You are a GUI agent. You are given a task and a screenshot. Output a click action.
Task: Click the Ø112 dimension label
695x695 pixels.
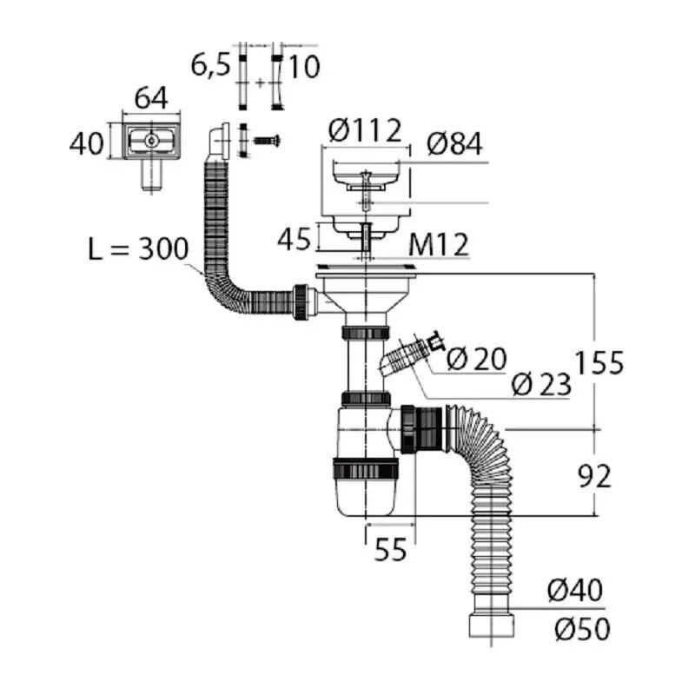point(365,130)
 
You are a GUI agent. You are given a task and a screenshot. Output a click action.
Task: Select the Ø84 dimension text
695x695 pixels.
point(454,144)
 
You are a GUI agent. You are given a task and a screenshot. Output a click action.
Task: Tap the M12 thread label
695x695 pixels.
point(439,245)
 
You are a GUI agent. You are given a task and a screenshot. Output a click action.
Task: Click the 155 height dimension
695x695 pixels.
point(599,361)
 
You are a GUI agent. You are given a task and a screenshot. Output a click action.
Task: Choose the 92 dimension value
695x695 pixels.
point(594,476)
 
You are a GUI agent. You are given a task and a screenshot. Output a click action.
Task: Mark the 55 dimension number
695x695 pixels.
point(390,550)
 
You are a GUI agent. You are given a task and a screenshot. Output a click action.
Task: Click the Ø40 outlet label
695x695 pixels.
point(575,590)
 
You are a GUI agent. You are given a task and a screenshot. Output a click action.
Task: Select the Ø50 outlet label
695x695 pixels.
point(582,629)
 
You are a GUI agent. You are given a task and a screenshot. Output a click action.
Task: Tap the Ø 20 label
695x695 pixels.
point(476,359)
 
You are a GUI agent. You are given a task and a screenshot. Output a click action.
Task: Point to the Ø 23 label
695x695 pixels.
point(541,384)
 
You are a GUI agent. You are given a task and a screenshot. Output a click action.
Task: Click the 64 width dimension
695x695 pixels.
point(151,97)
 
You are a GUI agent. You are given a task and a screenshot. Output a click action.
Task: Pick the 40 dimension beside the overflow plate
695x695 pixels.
point(86,143)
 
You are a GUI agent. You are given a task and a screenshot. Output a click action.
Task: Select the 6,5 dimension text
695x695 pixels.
point(210,66)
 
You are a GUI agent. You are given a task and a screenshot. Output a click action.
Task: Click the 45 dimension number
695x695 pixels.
point(294,240)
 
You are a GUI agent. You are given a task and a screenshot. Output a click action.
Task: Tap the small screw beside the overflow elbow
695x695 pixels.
point(267,141)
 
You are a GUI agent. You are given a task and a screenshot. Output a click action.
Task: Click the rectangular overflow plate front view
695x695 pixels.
point(151,141)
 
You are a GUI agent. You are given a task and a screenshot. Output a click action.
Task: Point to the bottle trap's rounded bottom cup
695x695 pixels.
point(365,495)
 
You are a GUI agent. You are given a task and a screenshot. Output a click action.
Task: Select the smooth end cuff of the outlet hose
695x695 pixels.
point(491,625)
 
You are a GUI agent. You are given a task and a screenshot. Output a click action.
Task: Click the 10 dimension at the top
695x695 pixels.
point(304,68)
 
